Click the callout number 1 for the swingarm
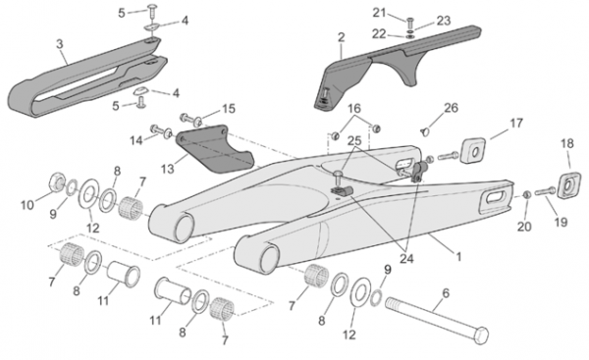coord(458,257)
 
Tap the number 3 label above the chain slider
coord(60,44)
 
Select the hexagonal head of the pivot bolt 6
coord(481,334)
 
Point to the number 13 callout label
coord(168,169)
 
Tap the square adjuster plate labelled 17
coord(473,150)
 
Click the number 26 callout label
coord(452,108)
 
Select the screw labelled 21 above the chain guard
coord(409,22)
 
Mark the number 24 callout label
coord(406,258)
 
